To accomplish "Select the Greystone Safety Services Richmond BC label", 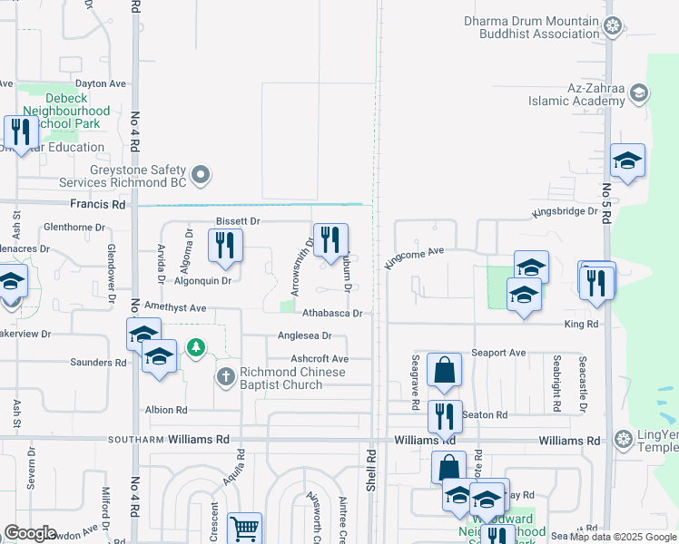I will pos(138,175).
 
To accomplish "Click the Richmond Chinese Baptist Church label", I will pos(280,378).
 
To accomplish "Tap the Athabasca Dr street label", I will pos(332,313).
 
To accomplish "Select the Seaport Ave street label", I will pos(498,353).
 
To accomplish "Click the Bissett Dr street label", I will pos(238,221).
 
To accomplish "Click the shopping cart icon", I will pos(243,527).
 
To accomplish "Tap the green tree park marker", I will pos(194,346).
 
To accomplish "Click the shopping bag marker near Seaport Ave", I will pos(444,369).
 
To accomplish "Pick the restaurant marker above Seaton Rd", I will pos(445,416).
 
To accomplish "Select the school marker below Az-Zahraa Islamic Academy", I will pos(627,160).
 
